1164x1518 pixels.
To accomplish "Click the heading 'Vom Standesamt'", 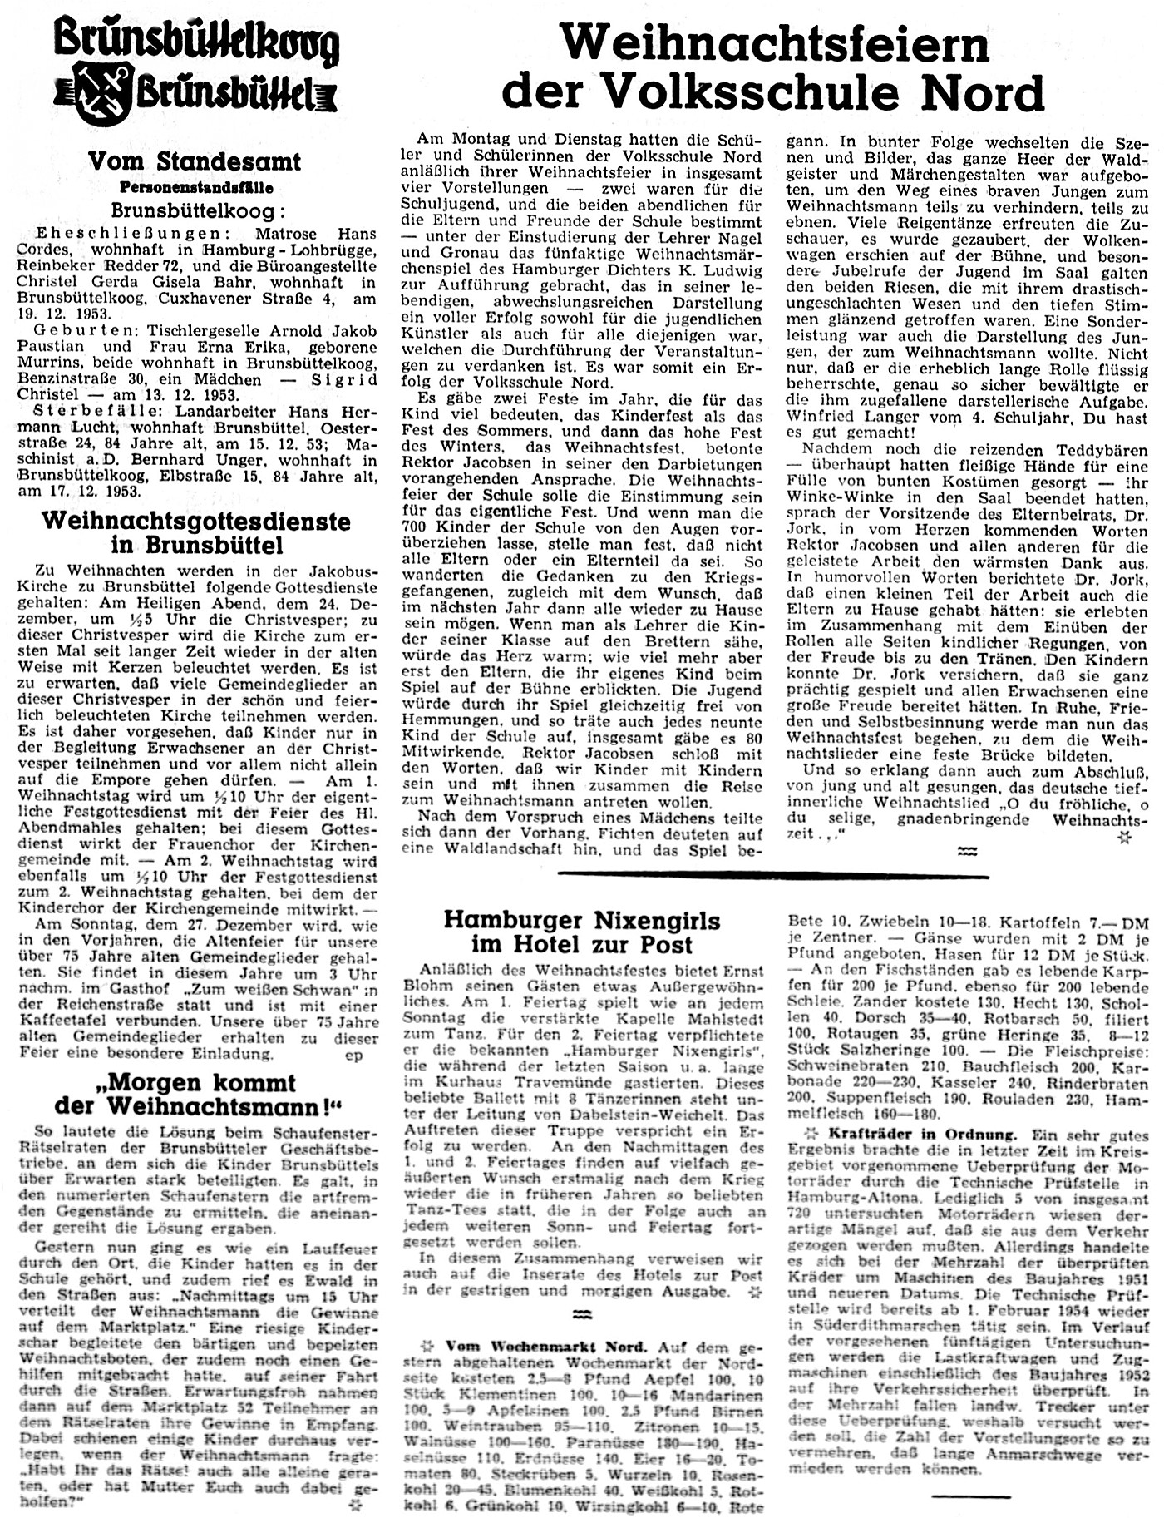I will (194, 161).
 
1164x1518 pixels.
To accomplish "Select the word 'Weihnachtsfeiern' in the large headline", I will (774, 43).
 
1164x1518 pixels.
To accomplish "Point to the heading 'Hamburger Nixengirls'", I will (582, 920).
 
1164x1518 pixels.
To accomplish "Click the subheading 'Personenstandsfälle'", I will (195, 187).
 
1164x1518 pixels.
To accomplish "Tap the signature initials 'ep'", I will (353, 1054).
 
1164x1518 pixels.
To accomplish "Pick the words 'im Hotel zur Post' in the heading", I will (582, 945).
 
